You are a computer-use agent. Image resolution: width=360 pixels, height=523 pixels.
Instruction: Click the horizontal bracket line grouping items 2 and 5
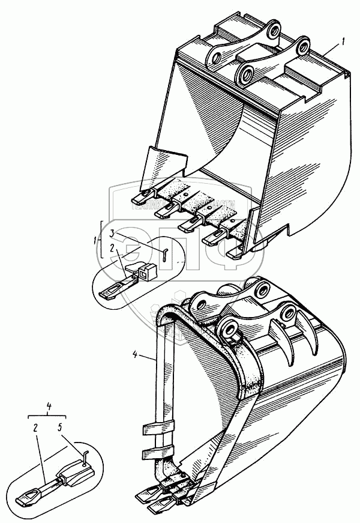pyautogui.click(x=46, y=415)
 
